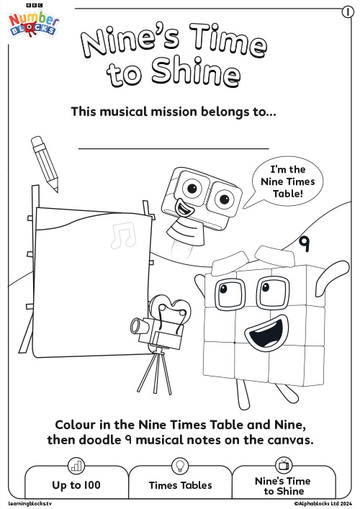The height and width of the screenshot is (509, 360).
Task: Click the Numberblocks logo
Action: pyautogui.click(x=33, y=23)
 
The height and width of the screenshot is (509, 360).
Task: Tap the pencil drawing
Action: pyautogui.click(x=45, y=164)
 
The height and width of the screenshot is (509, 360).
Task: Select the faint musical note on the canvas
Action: pyautogui.click(x=123, y=235)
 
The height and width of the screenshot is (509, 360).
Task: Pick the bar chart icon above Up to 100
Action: pyautogui.click(x=76, y=467)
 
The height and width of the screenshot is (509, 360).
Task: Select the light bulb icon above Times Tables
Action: pyautogui.click(x=179, y=467)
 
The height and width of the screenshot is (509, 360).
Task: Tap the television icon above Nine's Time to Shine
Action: pyautogui.click(x=284, y=465)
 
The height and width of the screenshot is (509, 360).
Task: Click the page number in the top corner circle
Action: pyautogui.click(x=348, y=12)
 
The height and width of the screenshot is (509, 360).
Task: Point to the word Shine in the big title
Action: pyautogui.click(x=196, y=72)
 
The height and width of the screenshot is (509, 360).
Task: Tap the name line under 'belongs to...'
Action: pyautogui.click(x=174, y=149)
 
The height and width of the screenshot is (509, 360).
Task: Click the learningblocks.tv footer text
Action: pyautogui.click(x=30, y=503)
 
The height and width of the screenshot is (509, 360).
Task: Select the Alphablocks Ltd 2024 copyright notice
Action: pyautogui.click(x=323, y=503)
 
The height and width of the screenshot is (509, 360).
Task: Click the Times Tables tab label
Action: pyautogui.click(x=181, y=485)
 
